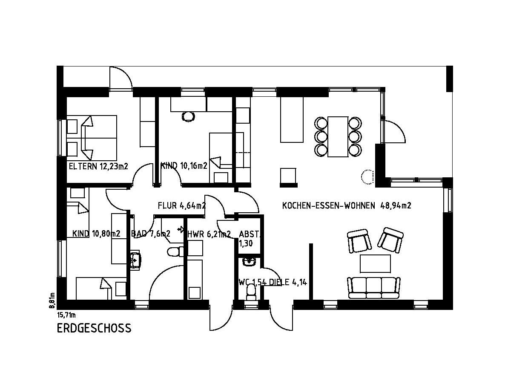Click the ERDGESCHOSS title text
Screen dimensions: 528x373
point(94,328)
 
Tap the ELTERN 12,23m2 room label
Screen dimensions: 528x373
point(98,166)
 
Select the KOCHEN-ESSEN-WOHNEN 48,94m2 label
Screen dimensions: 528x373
point(347,205)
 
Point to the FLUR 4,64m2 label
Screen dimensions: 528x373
point(182,205)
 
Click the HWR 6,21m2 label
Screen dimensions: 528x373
point(209,234)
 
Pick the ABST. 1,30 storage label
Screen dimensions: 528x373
point(250,239)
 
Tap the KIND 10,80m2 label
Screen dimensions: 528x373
point(96,234)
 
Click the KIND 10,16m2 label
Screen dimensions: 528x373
point(184,166)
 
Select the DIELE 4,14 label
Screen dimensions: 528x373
point(288,282)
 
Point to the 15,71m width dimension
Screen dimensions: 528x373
point(66,315)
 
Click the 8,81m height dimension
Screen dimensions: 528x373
point(52,301)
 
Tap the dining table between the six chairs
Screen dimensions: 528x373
point(338,136)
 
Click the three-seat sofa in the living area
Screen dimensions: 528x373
point(374,288)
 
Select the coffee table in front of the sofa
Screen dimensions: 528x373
point(375,263)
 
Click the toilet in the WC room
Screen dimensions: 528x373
point(250,292)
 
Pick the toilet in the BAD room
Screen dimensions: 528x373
point(175,252)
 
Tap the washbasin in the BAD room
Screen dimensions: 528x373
point(135,260)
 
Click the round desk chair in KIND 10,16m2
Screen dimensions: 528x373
point(188,116)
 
